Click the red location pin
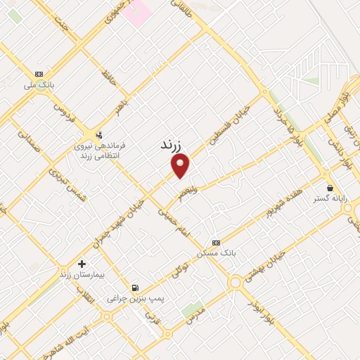[x=181, y=166]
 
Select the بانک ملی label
[x=39, y=86]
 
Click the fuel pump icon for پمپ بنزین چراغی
[x=135, y=288]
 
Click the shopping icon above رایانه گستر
[x=330, y=188]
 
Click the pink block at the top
[x=138, y=9]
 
